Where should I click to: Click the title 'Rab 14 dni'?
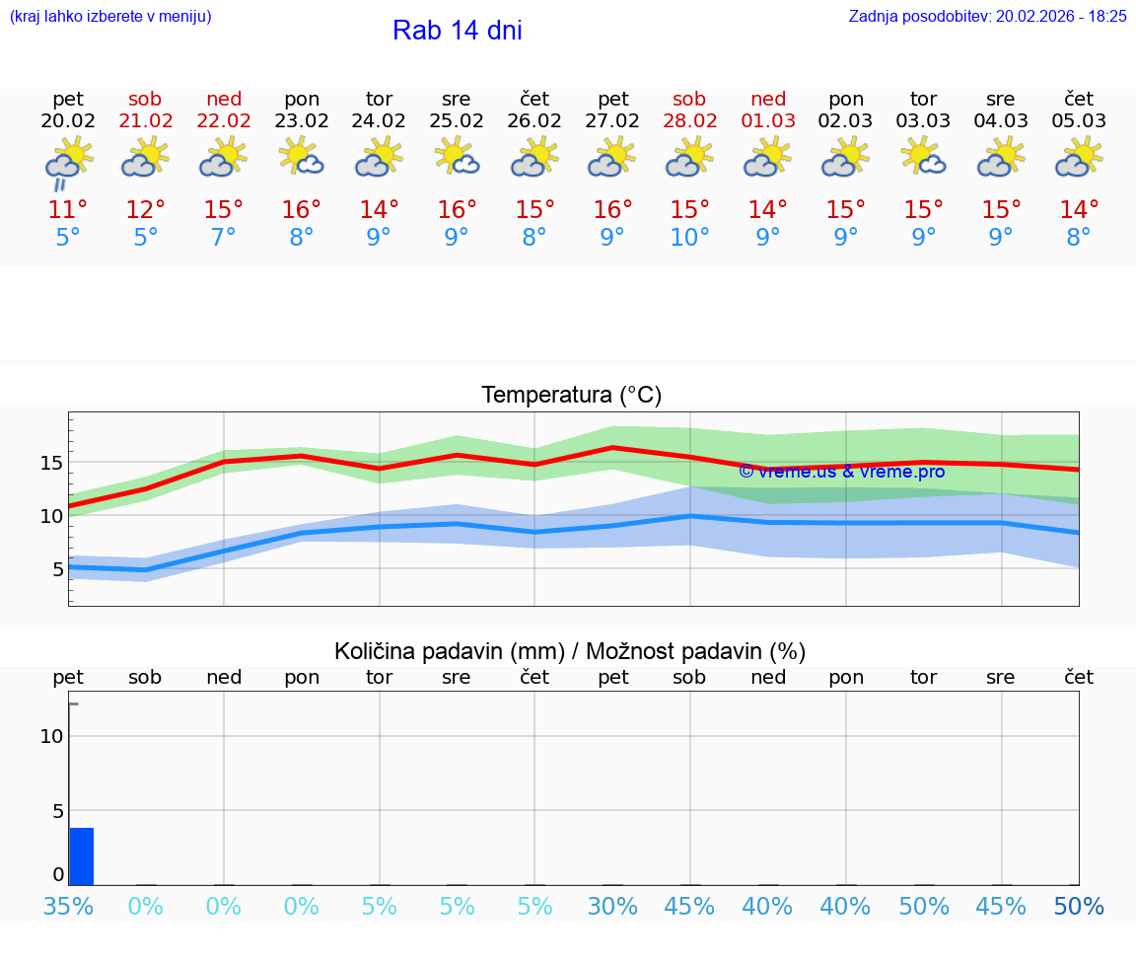(x=457, y=31)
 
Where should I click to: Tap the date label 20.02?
(x=68, y=121)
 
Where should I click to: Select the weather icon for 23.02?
(x=301, y=157)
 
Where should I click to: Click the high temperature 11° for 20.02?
(x=68, y=210)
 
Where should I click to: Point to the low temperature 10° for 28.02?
(x=689, y=238)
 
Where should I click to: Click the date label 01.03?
(x=768, y=121)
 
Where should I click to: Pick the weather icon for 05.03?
(x=1079, y=157)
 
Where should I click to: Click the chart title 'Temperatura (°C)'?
(x=571, y=396)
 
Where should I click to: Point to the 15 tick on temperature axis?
(x=51, y=463)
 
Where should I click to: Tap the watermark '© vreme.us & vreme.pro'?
(x=841, y=472)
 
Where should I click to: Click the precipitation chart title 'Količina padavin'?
(x=570, y=651)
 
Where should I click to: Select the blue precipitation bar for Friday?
(x=81, y=856)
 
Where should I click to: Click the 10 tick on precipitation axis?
(x=51, y=736)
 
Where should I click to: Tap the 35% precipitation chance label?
(x=68, y=906)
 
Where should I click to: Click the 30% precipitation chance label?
(x=612, y=906)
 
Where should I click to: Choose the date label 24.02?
(x=379, y=121)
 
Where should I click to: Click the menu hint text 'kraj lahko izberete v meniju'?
(x=110, y=16)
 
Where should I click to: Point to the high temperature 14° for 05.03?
(x=1079, y=210)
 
